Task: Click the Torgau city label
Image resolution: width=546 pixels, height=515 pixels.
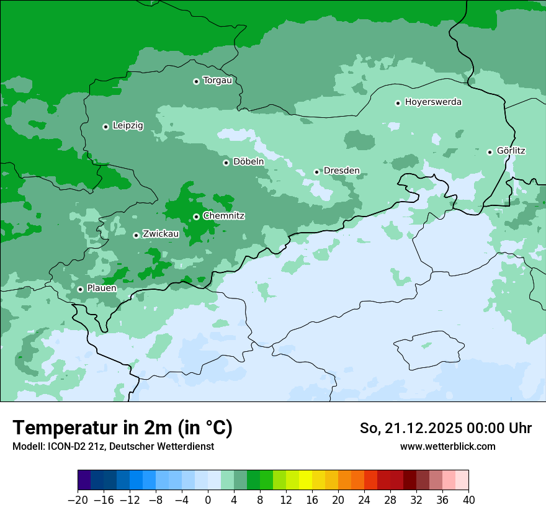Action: pos(217,81)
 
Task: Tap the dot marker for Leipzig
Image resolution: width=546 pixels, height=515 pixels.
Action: pos(105,127)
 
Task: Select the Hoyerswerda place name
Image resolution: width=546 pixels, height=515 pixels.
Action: pos(433,102)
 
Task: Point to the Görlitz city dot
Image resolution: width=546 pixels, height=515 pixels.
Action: pos(490,152)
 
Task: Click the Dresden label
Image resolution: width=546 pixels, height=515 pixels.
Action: pos(341,171)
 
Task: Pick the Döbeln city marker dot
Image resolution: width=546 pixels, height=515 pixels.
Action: pos(226,163)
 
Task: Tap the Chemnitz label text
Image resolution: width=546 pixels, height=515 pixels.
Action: pos(223,216)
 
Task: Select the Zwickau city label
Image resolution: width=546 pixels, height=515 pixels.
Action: pos(161,235)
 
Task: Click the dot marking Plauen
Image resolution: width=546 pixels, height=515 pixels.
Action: pos(80,289)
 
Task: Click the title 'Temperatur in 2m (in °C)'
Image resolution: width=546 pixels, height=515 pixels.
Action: pos(122,428)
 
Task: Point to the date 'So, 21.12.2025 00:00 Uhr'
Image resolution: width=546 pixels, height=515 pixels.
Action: pos(445,428)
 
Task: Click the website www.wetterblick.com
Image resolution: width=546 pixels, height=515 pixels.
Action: pos(447,447)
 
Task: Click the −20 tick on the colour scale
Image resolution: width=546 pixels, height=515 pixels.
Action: pos(78,500)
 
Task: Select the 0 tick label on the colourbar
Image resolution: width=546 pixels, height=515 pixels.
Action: pos(208,500)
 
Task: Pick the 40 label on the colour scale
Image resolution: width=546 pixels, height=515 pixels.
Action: pos(468,500)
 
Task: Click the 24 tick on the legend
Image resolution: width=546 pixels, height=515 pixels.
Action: pos(364,500)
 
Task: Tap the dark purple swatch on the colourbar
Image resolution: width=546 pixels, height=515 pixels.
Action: pos(84,481)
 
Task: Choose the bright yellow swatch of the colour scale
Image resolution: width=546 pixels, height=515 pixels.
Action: pos(305,481)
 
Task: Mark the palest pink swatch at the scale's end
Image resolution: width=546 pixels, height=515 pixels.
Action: pos(462,481)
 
